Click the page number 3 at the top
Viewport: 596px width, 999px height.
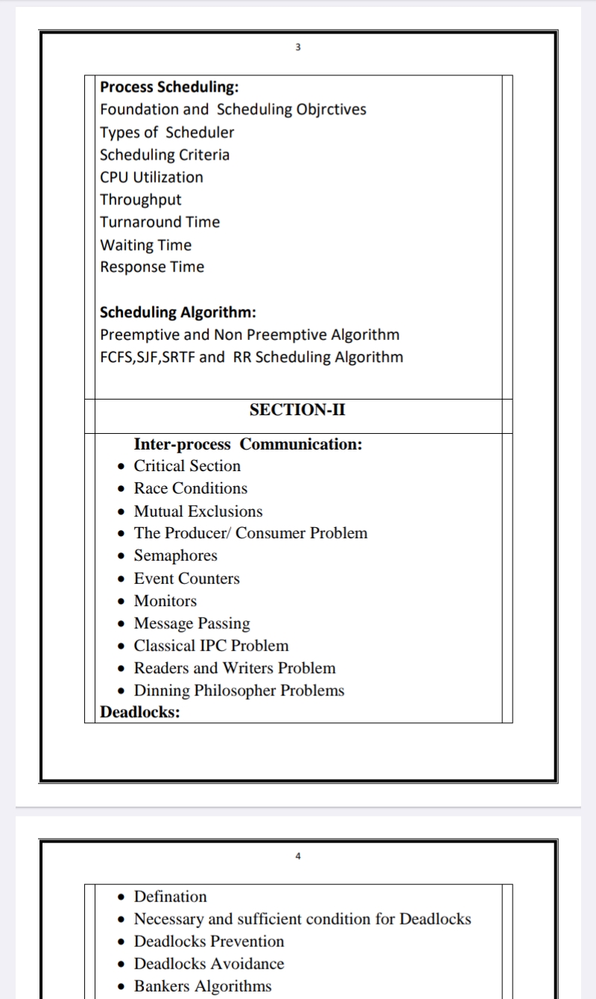(298, 48)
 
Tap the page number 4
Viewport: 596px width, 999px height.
(298, 857)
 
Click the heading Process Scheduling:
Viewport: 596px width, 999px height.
(169, 86)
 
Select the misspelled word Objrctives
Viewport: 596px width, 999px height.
(329, 110)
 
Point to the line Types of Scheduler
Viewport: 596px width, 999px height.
(167, 133)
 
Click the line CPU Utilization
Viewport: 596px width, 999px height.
(151, 177)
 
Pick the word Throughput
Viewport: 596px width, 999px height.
(141, 200)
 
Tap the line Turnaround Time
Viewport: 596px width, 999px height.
(160, 222)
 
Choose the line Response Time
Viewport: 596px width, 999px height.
(152, 267)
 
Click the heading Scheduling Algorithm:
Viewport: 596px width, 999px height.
(178, 312)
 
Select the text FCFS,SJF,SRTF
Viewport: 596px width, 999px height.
(148, 357)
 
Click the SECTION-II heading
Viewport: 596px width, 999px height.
(297, 410)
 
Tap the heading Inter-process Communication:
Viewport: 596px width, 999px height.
(248, 444)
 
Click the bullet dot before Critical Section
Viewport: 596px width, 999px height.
(121, 467)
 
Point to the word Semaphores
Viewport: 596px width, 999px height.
(176, 555)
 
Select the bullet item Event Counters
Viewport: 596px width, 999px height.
(187, 579)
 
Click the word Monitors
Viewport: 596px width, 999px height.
(165, 601)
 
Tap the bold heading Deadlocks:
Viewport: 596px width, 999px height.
(140, 712)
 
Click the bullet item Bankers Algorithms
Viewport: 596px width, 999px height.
(203, 986)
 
